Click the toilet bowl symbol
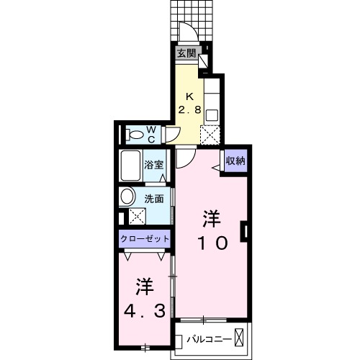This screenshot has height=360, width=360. click(x=135, y=134)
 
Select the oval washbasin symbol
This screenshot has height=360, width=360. click(x=127, y=196)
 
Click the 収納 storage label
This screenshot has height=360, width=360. click(x=235, y=161)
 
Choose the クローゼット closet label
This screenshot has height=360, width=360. click(x=145, y=238)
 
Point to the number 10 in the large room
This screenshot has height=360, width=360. click(x=210, y=243)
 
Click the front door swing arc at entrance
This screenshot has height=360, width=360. click(x=186, y=32)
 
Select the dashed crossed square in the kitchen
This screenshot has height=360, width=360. click(x=210, y=134)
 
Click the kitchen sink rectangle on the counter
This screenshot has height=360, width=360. click(x=211, y=112)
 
